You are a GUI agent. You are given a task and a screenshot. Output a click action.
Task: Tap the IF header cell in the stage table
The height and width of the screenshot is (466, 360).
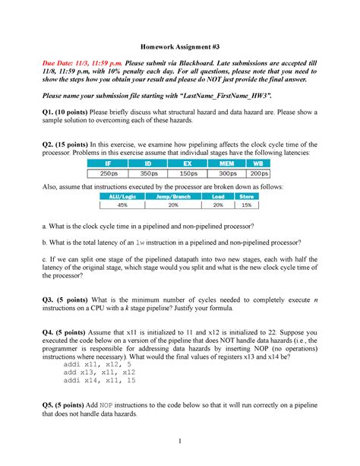[x=110, y=163]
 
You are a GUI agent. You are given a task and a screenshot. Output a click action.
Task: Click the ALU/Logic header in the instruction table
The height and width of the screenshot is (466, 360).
[x=123, y=196]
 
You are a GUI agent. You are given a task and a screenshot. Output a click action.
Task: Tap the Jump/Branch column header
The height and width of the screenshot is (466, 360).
[x=172, y=196]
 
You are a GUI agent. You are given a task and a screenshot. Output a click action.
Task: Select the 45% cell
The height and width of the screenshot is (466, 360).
[x=123, y=204]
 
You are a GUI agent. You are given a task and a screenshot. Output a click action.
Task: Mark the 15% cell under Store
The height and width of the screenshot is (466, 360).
[x=245, y=204]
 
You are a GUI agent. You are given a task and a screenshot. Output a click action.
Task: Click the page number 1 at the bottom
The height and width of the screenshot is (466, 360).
[x=180, y=443]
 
